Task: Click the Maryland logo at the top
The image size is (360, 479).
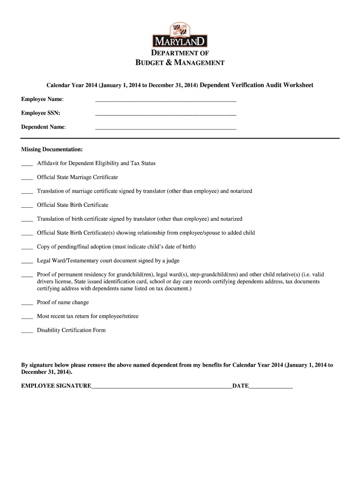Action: (180, 36)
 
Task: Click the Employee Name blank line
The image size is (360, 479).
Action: (166, 101)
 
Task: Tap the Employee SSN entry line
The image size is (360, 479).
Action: (166, 114)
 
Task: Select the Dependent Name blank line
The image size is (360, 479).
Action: (166, 128)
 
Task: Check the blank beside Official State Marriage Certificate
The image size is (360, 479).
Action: (27, 179)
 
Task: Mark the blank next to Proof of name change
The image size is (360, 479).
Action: (27, 304)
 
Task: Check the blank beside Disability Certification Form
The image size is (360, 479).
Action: (27, 332)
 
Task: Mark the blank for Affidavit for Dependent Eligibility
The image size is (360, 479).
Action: (27, 165)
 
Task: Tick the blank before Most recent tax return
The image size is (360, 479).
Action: (27, 318)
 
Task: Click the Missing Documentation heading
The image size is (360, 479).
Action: (52, 149)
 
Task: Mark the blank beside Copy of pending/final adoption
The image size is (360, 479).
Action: (27, 248)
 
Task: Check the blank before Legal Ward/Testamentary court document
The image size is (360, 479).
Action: (27, 262)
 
